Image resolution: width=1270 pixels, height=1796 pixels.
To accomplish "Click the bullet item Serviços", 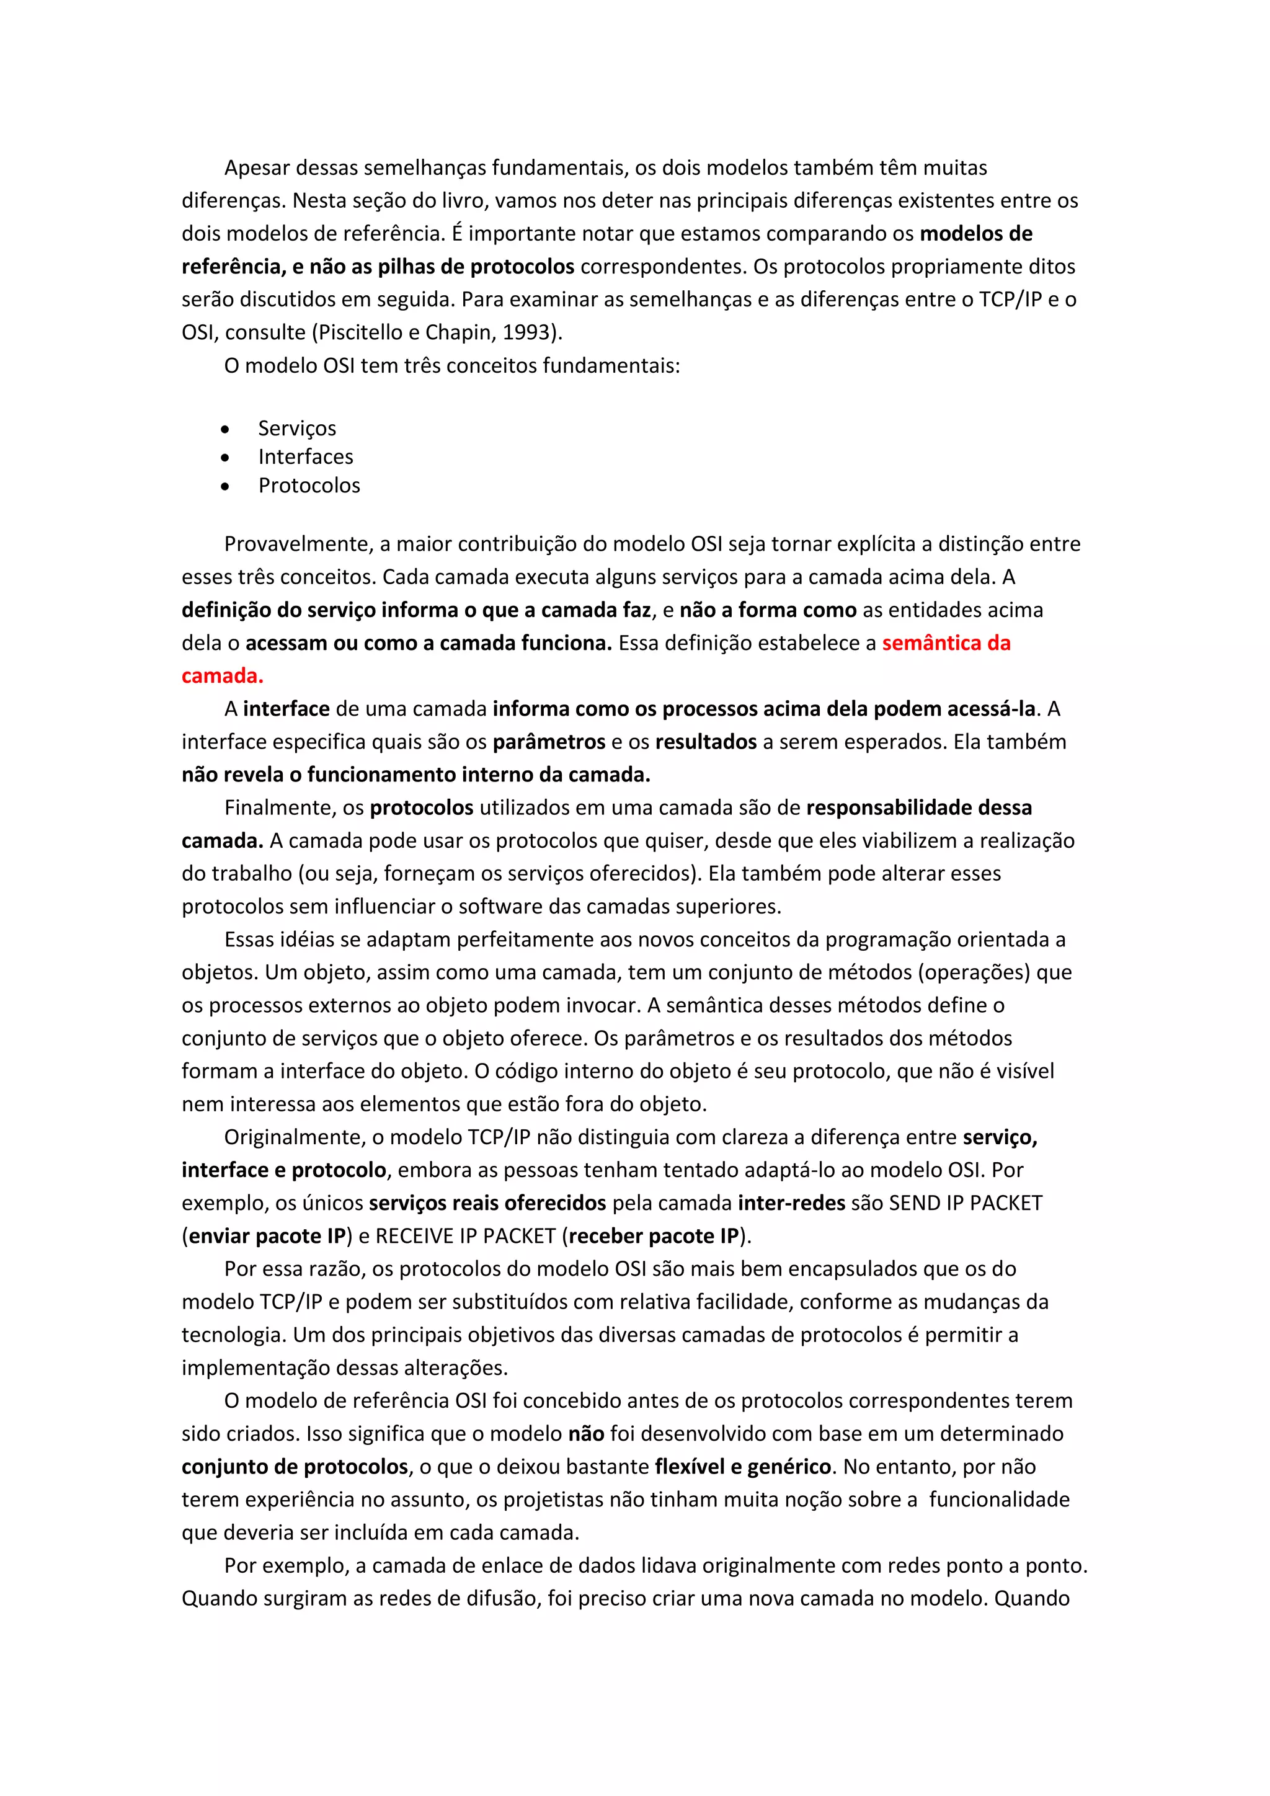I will point(297,429).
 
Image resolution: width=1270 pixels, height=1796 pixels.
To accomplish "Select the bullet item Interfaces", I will point(306,457).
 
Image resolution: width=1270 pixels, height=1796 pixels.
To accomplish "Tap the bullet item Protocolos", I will point(309,486).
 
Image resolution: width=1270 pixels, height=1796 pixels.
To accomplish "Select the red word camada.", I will point(222,676).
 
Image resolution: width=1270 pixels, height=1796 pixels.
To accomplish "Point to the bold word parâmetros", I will point(549,742).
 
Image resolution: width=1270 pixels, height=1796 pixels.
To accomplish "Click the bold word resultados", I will point(705,742).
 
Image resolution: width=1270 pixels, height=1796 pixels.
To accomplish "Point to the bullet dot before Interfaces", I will point(225,458).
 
